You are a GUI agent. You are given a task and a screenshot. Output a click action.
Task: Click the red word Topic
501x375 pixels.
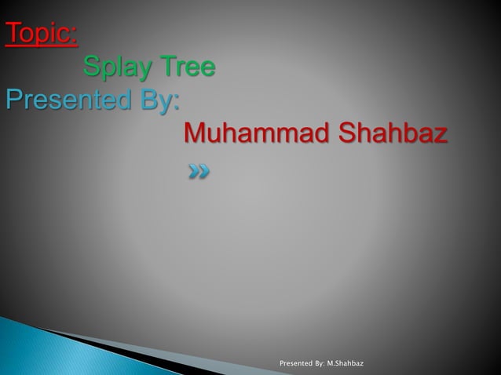tap(39, 35)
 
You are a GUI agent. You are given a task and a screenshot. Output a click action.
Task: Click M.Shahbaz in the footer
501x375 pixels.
tap(348, 365)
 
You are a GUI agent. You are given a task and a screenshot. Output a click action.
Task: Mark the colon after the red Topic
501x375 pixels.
tap(75, 37)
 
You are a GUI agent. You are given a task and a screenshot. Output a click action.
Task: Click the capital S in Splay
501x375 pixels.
tap(92, 67)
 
